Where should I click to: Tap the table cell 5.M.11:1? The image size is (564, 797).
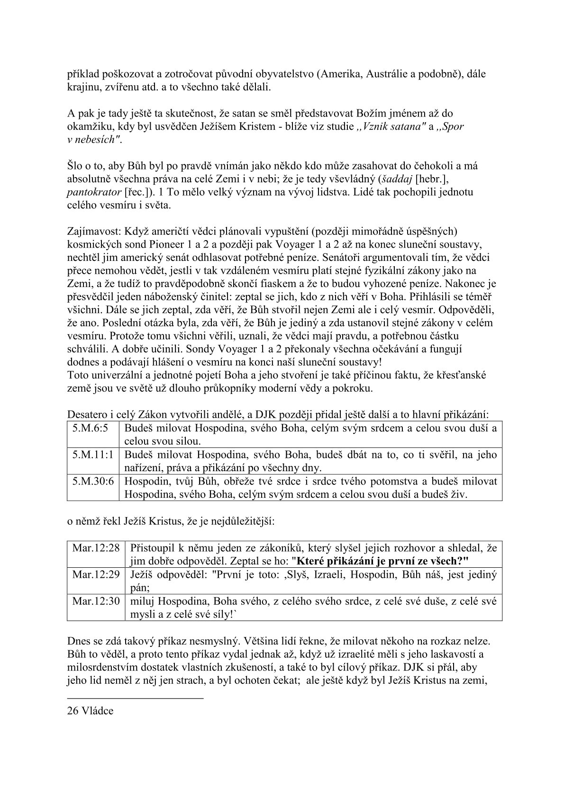pos(93,455)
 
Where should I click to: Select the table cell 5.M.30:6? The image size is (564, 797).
pos(93,481)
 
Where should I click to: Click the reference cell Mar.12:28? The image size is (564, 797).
pos(96,548)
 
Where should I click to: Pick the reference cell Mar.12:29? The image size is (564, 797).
pos(96,575)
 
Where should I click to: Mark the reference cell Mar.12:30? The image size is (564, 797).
pos(96,601)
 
